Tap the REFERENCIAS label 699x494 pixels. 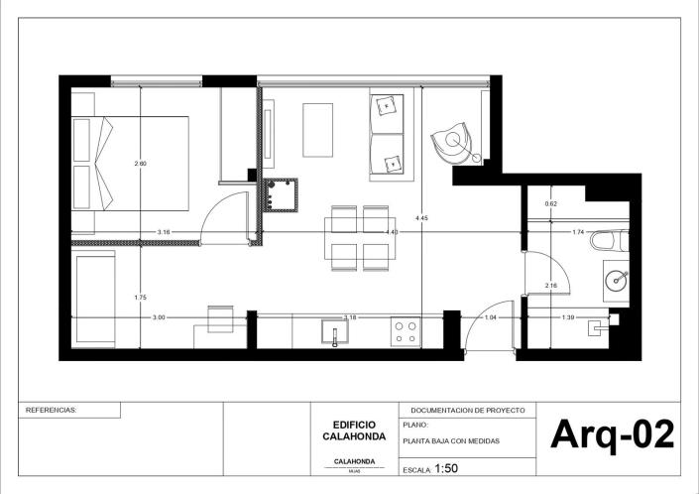coord(50,409)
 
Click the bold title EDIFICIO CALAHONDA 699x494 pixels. coord(354,430)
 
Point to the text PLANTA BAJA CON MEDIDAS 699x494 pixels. coord(451,440)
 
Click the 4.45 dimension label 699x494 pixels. coord(422,217)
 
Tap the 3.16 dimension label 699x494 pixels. coord(164,232)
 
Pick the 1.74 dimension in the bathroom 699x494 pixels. coord(578,232)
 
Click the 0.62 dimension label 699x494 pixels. coord(550,204)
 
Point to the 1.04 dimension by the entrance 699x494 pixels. coord(490,317)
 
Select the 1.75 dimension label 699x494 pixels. coord(140,298)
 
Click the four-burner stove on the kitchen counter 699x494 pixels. coord(405,331)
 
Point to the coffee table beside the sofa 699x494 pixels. coord(318,131)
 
